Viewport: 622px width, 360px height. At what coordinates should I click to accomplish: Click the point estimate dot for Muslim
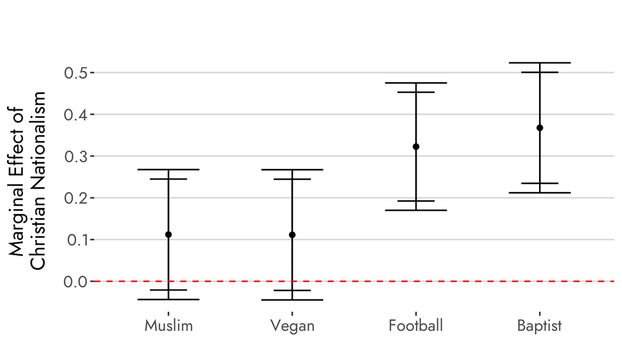tap(168, 235)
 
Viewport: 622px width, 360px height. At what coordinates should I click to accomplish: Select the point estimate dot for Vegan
tap(292, 235)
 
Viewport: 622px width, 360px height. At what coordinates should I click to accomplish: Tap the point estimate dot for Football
tap(416, 147)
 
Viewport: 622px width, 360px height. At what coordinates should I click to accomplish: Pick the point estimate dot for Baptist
tap(540, 128)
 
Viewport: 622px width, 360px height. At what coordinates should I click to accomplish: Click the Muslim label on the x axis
tap(168, 326)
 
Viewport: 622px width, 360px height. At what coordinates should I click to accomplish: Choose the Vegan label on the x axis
tap(292, 326)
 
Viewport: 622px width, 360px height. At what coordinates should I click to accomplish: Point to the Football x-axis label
tap(416, 326)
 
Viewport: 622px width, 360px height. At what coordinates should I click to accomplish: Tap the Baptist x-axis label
tap(540, 326)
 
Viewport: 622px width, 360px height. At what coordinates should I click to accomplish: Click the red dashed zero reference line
tap(357, 281)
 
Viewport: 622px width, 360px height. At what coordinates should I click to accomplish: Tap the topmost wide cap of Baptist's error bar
tap(540, 63)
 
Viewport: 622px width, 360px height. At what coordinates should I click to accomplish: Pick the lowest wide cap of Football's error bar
tap(416, 210)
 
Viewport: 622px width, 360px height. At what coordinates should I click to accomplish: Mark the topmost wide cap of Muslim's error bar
tap(168, 170)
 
